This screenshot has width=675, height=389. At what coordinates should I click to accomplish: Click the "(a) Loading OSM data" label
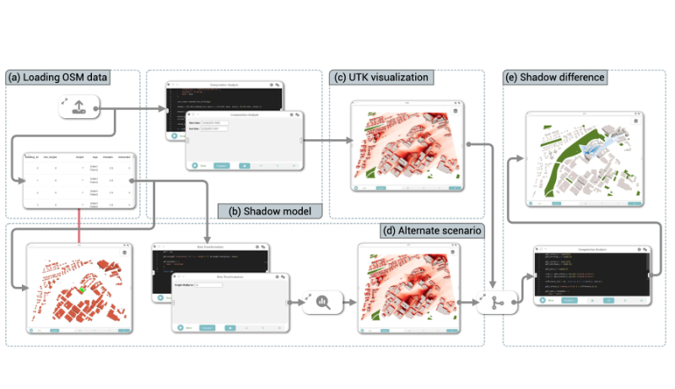58,78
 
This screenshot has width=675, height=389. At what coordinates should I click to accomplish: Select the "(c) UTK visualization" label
381,78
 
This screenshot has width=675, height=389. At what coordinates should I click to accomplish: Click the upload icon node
78,106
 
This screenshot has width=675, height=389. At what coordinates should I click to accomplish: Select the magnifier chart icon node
320,300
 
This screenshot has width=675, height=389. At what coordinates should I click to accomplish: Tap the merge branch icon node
496,302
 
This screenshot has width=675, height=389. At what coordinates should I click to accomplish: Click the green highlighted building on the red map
82,291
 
